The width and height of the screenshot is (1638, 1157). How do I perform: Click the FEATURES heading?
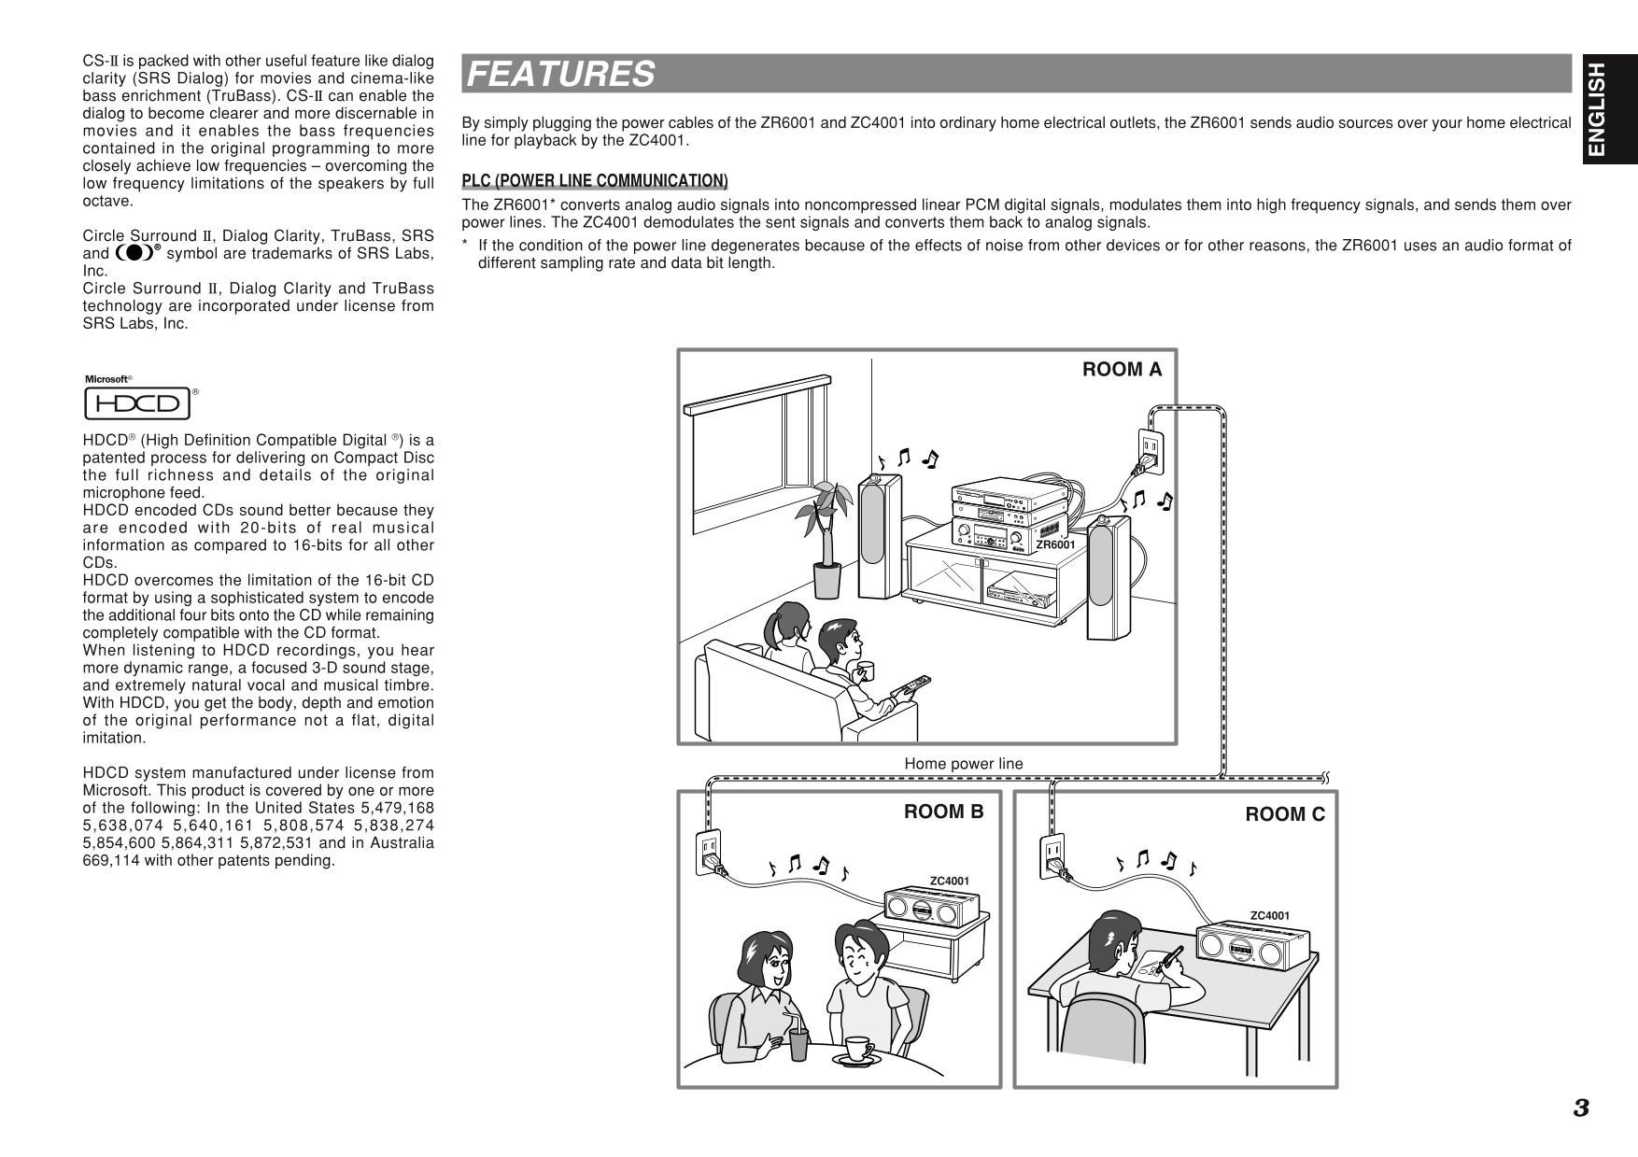tap(560, 74)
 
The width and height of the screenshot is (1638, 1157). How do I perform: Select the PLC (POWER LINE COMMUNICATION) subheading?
tap(595, 180)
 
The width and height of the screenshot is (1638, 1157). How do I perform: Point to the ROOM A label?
tap(1122, 370)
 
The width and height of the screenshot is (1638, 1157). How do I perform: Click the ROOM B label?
tap(943, 811)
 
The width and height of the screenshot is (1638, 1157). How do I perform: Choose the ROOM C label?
tap(1284, 814)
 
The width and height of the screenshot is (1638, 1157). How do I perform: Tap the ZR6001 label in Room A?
tap(1055, 544)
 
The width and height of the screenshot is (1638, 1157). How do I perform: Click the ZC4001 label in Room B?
tap(949, 881)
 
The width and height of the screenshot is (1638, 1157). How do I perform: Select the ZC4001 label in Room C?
tap(1269, 915)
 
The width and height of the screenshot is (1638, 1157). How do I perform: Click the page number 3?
tap(1580, 1108)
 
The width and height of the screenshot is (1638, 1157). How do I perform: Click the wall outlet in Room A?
tap(1149, 452)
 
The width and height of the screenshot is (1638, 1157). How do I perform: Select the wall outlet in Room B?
tap(709, 852)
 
